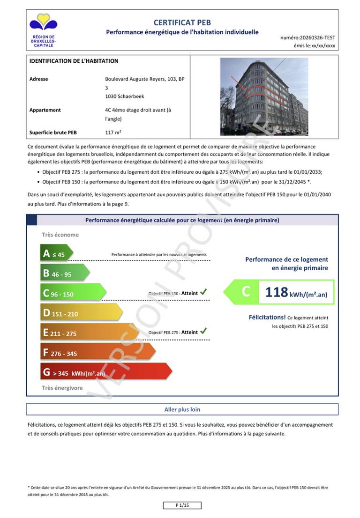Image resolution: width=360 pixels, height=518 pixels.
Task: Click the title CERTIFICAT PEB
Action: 182,22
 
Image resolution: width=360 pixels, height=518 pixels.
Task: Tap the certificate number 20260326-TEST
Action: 315,37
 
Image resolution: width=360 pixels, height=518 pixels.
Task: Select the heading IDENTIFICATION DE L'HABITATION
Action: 74,61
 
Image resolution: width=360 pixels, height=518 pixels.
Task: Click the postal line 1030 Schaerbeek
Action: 125,96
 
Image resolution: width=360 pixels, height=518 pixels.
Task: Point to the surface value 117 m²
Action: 113,132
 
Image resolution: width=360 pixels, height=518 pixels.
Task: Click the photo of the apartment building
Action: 264,96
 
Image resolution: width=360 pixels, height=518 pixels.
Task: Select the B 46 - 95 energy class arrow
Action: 64,274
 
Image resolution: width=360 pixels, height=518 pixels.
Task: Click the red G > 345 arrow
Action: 105,373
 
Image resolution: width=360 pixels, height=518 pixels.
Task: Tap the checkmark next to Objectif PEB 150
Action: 203,292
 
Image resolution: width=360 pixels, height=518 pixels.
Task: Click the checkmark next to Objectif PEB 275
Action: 203,331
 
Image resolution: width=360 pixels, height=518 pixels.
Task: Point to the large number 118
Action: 276,292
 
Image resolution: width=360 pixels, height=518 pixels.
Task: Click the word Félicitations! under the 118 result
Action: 267,317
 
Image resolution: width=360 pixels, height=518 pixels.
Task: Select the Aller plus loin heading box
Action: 182,409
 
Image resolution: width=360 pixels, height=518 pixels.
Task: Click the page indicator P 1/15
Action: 182,505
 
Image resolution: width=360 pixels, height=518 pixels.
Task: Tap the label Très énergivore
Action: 62,388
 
